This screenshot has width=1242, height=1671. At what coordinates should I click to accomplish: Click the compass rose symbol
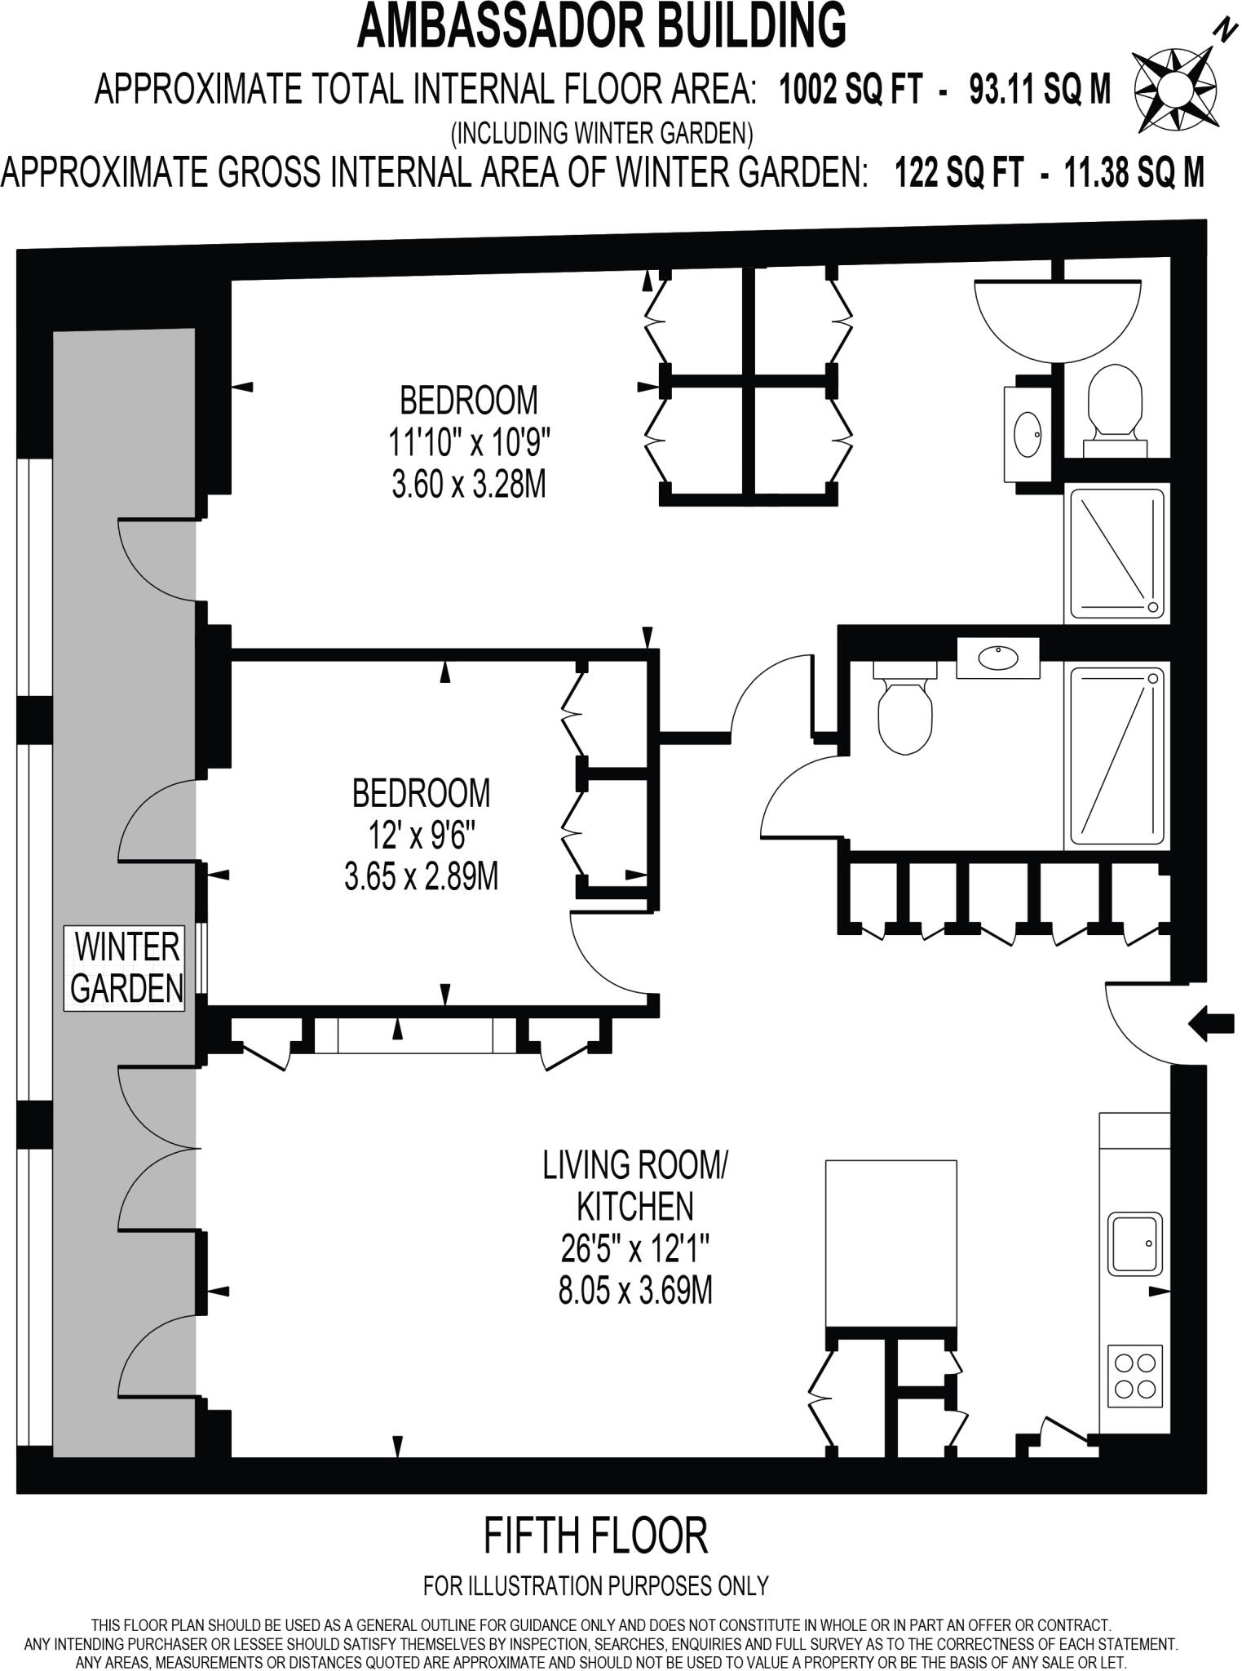[1175, 89]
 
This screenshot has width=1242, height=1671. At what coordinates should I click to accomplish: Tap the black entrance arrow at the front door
[1210, 1023]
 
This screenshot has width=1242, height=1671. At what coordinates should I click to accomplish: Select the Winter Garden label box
[126, 968]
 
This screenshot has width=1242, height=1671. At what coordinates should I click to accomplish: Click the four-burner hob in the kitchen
[1136, 1376]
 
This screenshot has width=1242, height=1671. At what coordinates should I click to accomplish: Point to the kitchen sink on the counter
[1135, 1243]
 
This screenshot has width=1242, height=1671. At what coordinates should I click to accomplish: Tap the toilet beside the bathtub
[1116, 406]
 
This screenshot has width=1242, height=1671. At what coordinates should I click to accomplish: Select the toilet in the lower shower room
[904, 707]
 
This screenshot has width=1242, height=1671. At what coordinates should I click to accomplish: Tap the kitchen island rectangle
[891, 1243]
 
